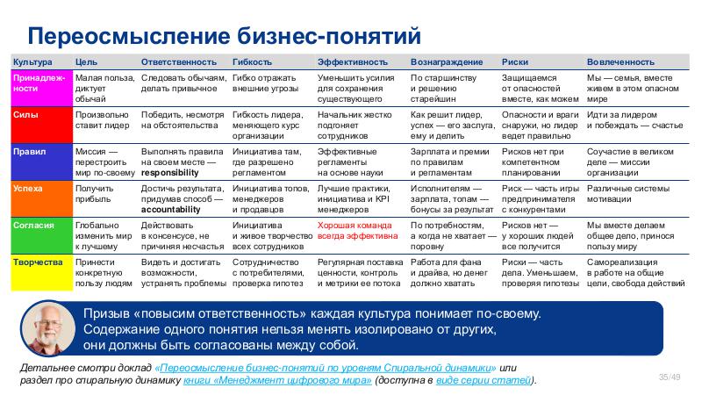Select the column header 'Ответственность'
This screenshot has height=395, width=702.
[x=178, y=63]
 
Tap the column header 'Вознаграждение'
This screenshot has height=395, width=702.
[x=447, y=63]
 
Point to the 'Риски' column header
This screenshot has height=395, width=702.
[x=514, y=63]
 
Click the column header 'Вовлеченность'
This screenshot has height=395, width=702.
[x=621, y=63]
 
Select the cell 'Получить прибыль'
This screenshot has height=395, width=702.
[x=95, y=193]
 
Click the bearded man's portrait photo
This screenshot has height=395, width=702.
[x=46, y=330]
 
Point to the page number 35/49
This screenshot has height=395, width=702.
[x=670, y=377]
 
